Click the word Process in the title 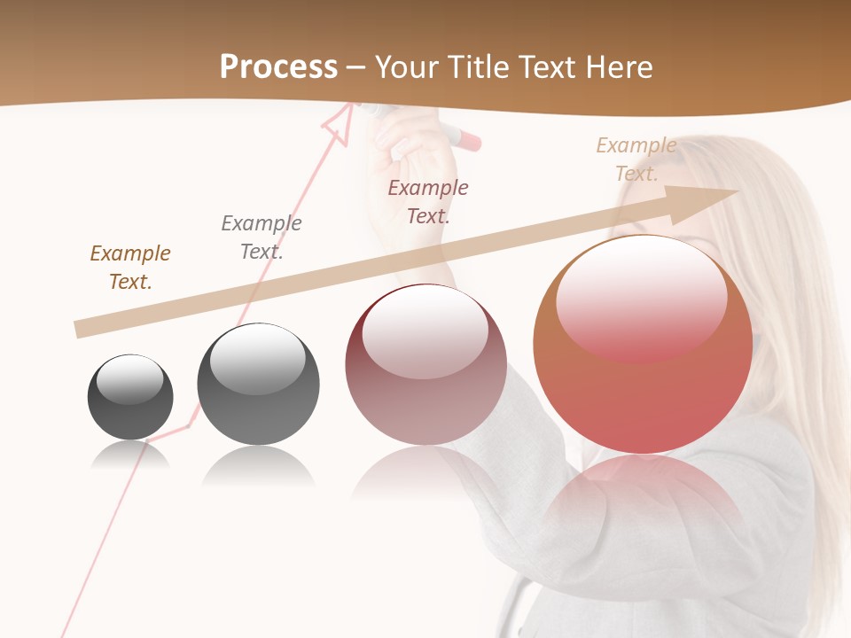[278, 67]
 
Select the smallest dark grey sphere [130, 397]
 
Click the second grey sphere [258, 385]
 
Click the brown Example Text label [130, 268]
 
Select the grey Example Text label [262, 237]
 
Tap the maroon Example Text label [428, 201]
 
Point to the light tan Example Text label [636, 159]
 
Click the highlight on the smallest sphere [129, 380]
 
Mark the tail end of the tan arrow [79, 330]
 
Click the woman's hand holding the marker [412, 146]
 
